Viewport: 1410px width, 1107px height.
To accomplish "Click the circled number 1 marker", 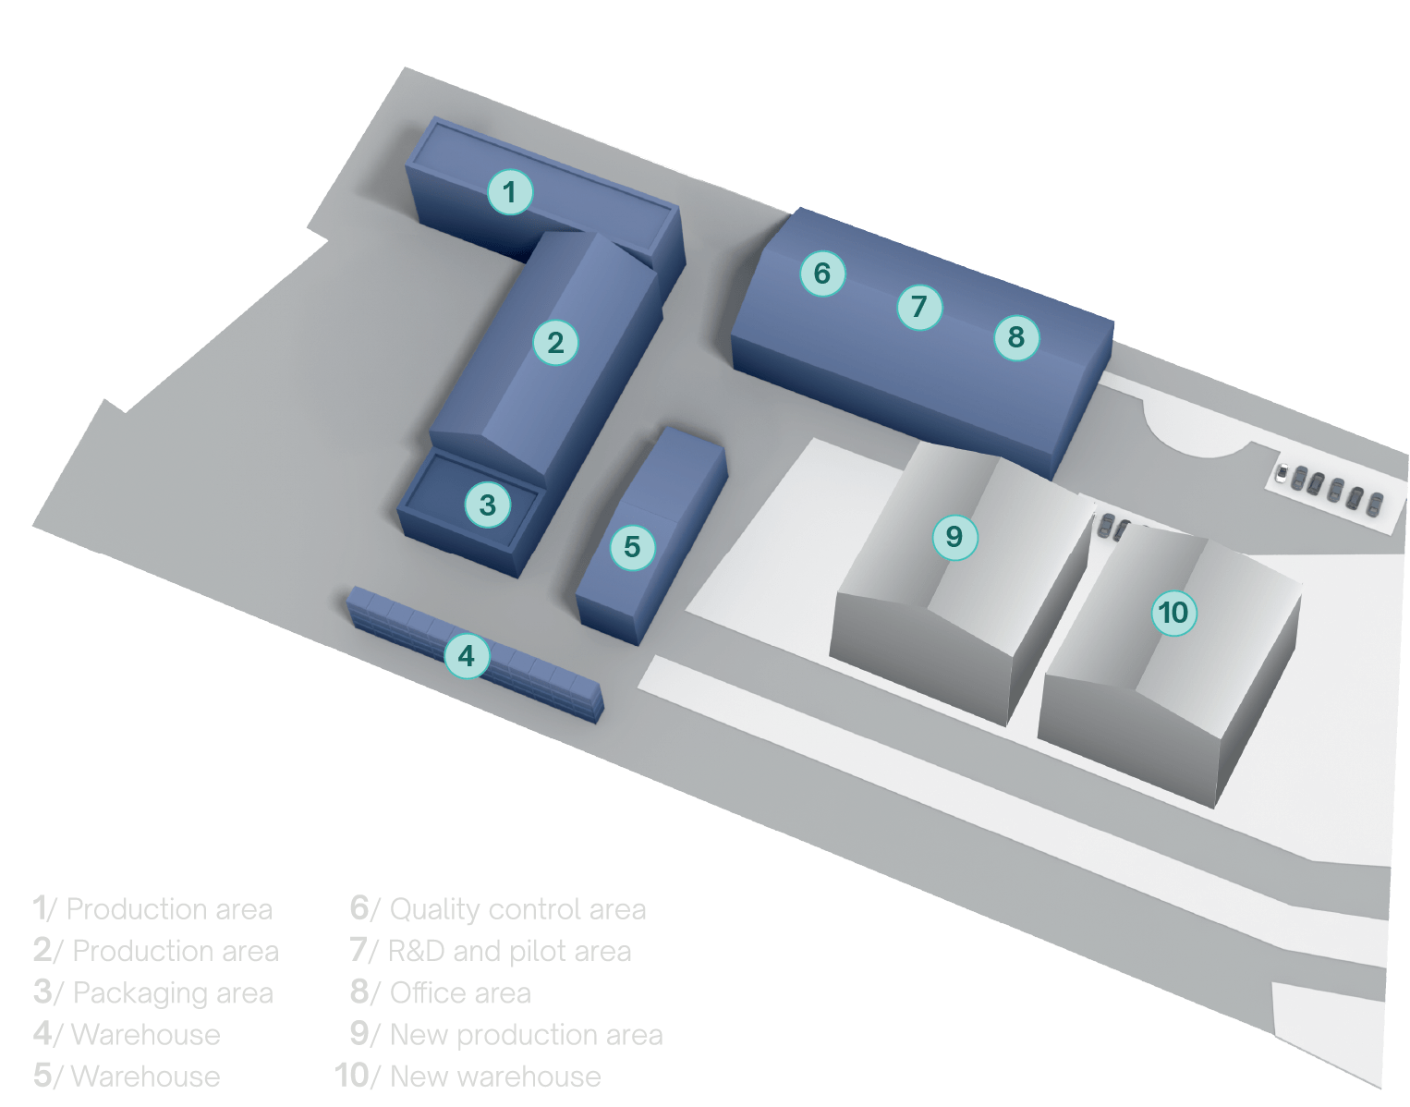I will [510, 192].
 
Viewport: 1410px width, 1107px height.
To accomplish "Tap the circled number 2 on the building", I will [555, 343].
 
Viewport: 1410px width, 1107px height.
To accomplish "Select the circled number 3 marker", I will [488, 505].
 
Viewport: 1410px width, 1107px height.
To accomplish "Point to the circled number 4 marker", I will [467, 656].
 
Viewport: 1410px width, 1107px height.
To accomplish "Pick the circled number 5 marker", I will [632, 547].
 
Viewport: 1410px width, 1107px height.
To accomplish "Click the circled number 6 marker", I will [822, 274].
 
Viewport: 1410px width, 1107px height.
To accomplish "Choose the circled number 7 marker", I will [919, 306].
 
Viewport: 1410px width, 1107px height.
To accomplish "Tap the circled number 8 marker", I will [1016, 337].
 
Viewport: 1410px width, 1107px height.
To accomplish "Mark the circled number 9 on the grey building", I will [954, 536].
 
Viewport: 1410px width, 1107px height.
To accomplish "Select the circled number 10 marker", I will [1173, 613].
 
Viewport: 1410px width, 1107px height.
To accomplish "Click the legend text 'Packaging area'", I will [173, 993].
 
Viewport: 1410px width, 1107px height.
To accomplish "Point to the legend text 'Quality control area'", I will [517, 909].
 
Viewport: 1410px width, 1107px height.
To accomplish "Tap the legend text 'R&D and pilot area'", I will [510, 951].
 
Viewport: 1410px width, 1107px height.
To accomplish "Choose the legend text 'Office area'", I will [460, 993].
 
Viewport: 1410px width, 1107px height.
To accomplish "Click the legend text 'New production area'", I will [527, 1035].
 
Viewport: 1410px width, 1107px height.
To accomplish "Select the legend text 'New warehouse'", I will [495, 1077].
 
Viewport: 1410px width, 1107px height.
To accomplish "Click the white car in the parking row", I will [1282, 474].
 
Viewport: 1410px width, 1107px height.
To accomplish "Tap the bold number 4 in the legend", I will [43, 1034].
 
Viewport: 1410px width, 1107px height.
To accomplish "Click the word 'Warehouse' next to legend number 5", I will [145, 1077].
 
